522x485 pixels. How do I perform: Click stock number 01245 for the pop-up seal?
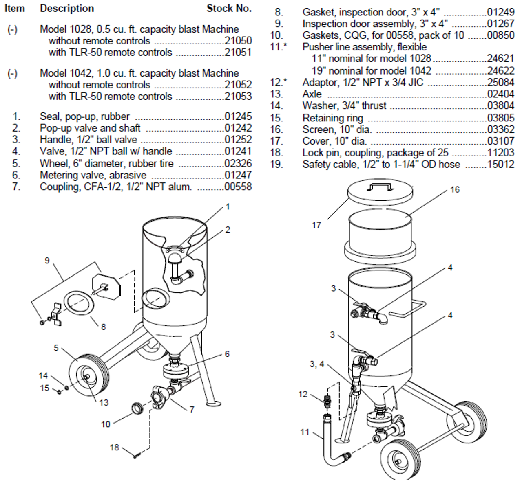click(x=238, y=116)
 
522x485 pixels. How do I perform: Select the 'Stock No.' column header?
click(x=229, y=9)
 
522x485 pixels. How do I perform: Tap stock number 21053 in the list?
click(x=238, y=97)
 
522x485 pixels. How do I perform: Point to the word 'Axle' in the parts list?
click(x=312, y=94)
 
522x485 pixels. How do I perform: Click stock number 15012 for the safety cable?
click(x=500, y=165)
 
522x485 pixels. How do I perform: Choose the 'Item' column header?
click(x=15, y=9)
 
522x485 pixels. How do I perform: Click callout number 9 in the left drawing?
click(x=47, y=261)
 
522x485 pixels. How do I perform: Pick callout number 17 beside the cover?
click(x=316, y=225)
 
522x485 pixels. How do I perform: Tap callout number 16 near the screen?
click(x=455, y=189)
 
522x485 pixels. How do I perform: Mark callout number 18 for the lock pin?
click(x=114, y=447)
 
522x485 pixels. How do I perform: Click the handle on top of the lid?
click(x=379, y=187)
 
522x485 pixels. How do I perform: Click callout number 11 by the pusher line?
click(x=305, y=432)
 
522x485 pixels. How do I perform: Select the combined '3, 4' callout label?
click(x=316, y=364)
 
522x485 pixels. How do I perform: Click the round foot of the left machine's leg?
click(x=214, y=403)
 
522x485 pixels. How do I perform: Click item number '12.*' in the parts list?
click(x=278, y=82)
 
